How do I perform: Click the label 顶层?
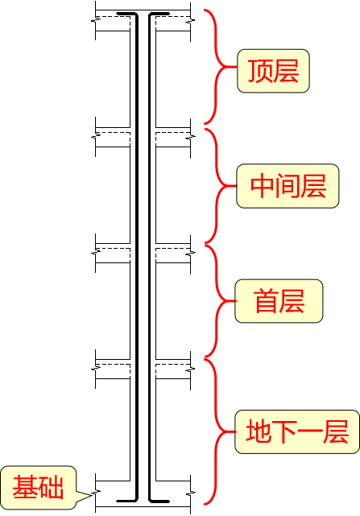[273, 70]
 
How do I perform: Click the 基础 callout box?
[38, 486]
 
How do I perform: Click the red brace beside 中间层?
[217, 186]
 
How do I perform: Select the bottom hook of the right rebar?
[159, 501]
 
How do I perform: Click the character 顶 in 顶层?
[260, 70]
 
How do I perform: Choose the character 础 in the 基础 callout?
[51, 486]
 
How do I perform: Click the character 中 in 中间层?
[263, 186]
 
